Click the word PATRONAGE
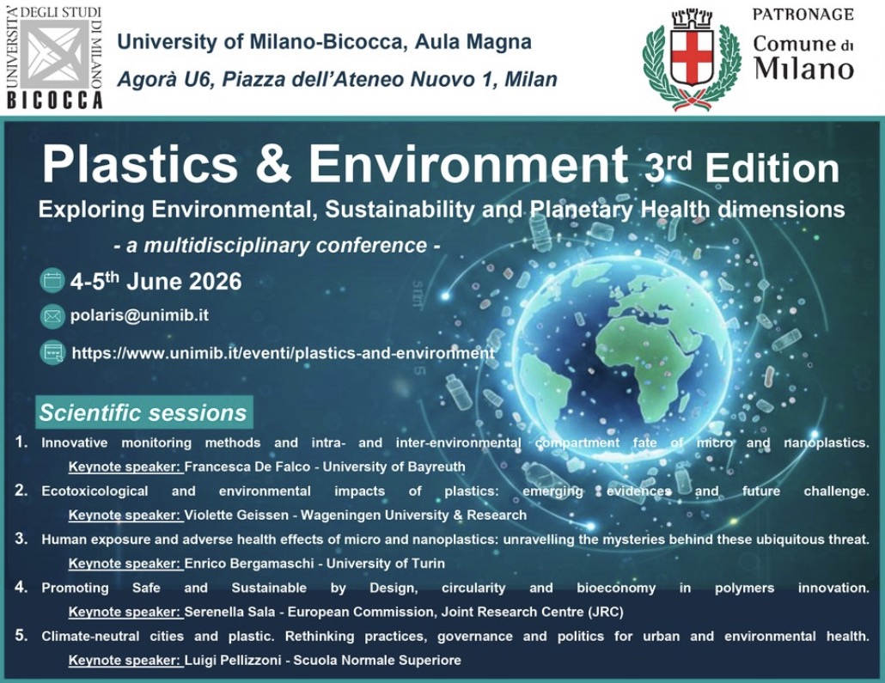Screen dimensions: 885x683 803,14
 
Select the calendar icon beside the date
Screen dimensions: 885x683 52,281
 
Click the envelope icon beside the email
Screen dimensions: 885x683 52,316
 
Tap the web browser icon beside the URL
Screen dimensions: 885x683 52,353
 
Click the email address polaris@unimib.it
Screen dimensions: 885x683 139,315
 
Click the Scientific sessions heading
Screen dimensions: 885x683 143,412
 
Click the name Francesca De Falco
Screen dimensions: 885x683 247,467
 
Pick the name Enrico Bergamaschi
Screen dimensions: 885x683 249,564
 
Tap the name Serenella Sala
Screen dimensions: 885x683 230,612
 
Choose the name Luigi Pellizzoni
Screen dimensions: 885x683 233,660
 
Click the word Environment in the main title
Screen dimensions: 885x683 468,165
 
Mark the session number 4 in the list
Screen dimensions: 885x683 21,587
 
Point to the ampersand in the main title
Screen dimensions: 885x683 272,165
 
